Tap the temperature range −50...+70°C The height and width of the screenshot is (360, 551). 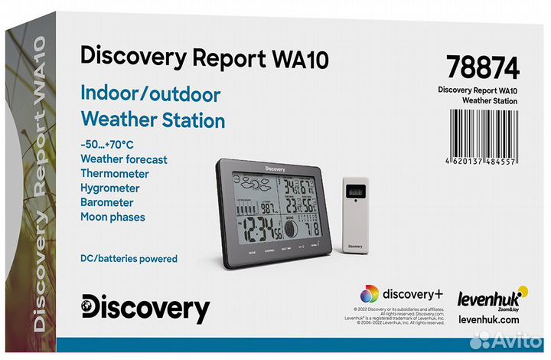106,145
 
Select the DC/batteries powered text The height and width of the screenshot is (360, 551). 129,259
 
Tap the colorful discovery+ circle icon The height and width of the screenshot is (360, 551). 370,294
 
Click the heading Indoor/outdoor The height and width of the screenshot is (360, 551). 150,94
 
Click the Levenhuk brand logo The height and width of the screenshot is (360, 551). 487,296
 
